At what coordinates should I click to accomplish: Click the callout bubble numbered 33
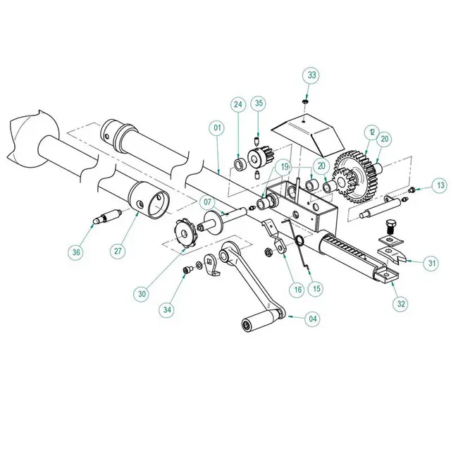pyautogui.click(x=311, y=75)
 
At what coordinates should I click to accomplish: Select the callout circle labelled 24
pyautogui.click(x=238, y=104)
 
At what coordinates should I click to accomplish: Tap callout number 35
pyautogui.click(x=259, y=104)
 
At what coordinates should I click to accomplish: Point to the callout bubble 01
pyautogui.click(x=216, y=128)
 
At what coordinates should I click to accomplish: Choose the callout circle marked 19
pyautogui.click(x=284, y=166)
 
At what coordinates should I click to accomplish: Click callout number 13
pyautogui.click(x=440, y=185)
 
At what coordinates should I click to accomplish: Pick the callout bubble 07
pyautogui.click(x=208, y=202)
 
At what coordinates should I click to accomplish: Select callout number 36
pyautogui.click(x=76, y=252)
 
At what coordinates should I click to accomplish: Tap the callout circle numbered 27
pyautogui.click(x=118, y=250)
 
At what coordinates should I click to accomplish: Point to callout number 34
pyautogui.click(x=166, y=309)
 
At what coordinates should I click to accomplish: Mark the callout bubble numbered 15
pyautogui.click(x=316, y=288)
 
